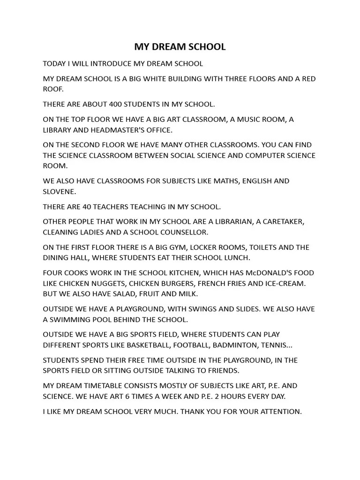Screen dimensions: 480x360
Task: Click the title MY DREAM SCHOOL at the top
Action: tap(180, 47)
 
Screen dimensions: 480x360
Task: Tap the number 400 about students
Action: tap(115, 104)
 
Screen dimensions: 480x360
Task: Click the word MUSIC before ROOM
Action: tap(252, 119)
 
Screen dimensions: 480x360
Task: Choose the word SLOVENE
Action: tap(59, 191)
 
